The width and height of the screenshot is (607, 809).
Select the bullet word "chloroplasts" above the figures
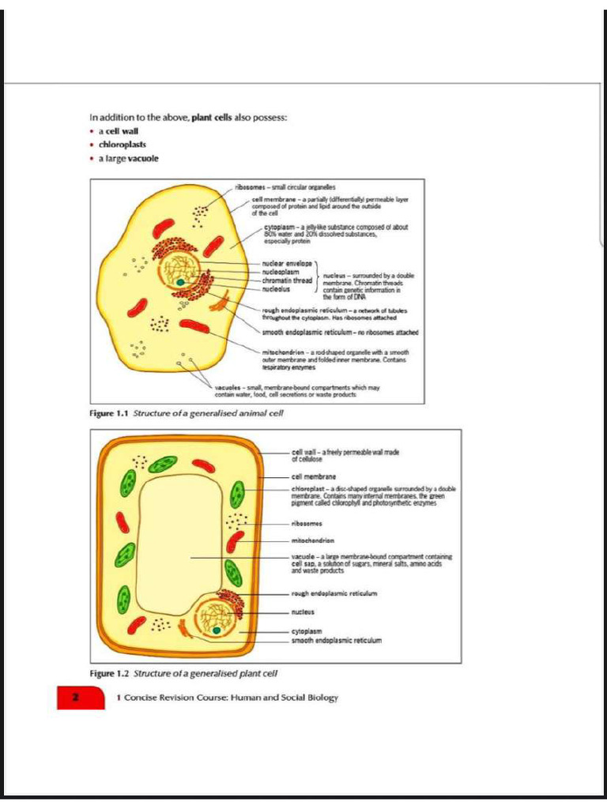click(x=122, y=145)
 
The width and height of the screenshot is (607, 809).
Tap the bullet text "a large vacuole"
click(x=128, y=158)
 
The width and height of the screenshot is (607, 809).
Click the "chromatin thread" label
click(x=288, y=280)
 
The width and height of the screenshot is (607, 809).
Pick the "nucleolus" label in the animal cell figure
click(x=278, y=288)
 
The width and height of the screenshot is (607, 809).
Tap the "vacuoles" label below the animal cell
click(x=232, y=388)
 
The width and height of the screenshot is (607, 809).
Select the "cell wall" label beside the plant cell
click(x=304, y=451)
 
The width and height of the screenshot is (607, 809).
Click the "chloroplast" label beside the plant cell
click(x=309, y=490)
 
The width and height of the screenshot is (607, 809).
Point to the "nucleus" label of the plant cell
click(x=303, y=611)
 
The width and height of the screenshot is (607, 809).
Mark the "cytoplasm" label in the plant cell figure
click(x=306, y=632)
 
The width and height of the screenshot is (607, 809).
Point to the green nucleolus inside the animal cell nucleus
click(x=181, y=280)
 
